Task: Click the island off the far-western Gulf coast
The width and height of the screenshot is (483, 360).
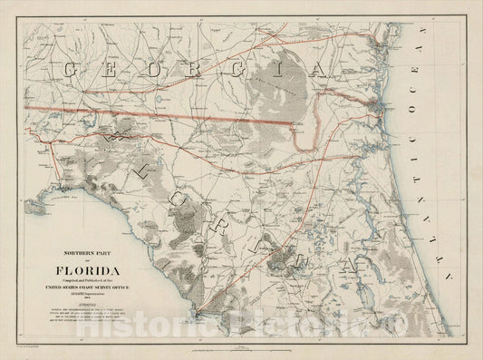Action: (34, 209)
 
